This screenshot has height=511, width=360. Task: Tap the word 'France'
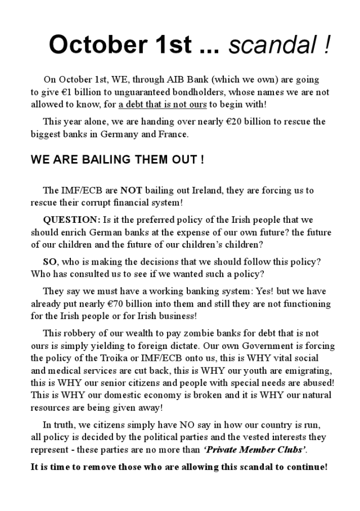[173, 134]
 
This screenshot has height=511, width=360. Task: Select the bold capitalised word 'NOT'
[131, 190]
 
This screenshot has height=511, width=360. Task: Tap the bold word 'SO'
[50, 262]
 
